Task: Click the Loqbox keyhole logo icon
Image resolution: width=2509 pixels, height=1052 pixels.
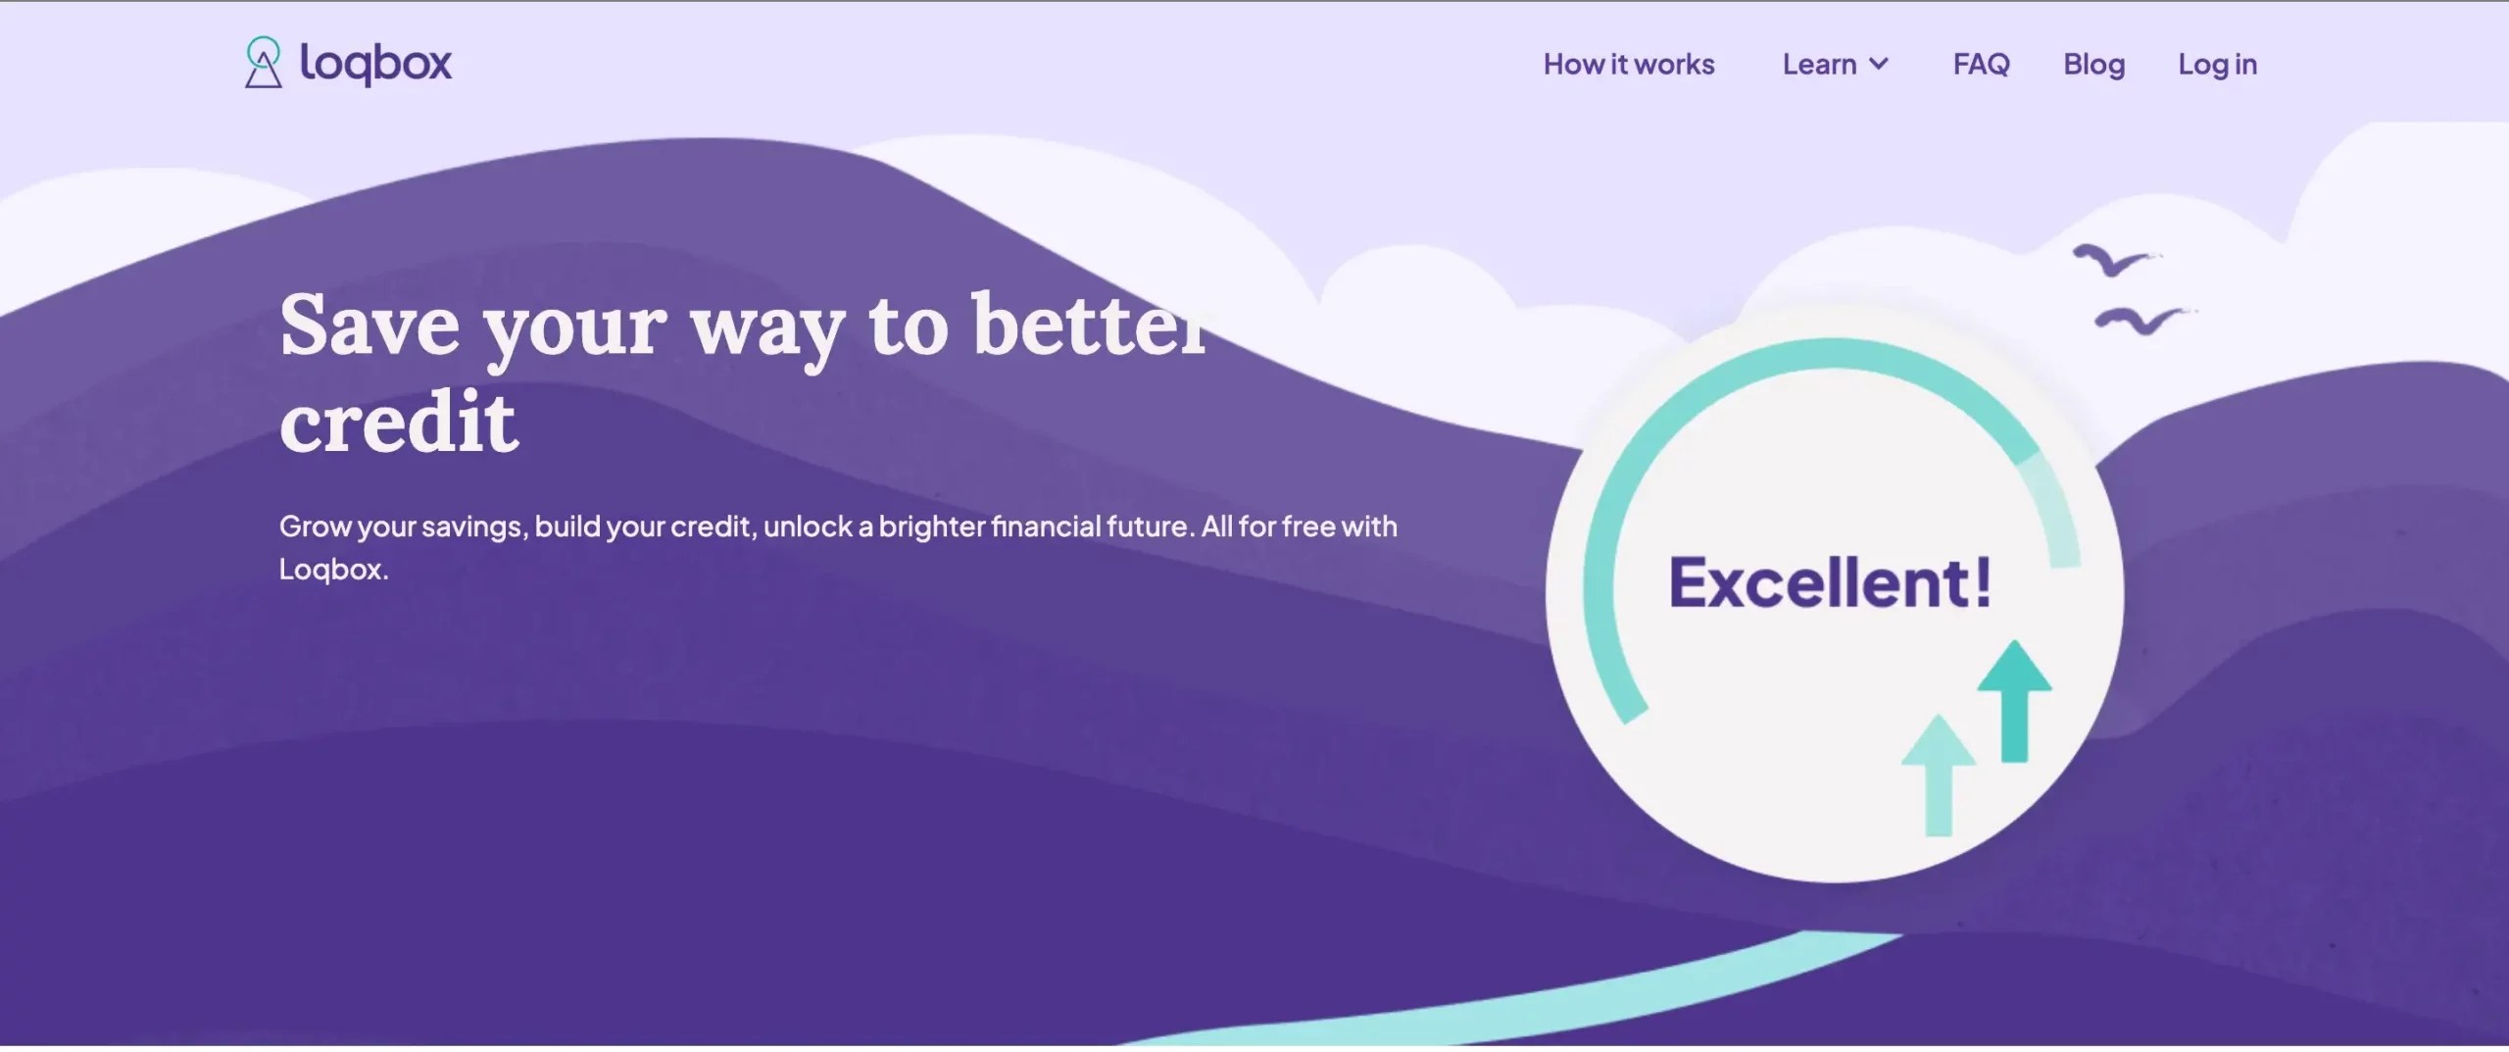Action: pos(263,63)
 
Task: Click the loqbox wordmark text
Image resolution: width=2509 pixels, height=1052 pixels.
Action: pos(375,65)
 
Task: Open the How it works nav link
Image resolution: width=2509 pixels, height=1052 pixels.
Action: pos(1629,65)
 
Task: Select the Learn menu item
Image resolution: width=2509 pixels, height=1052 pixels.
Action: pos(1819,65)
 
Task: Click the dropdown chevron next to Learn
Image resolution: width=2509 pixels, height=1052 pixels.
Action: pos(1879,65)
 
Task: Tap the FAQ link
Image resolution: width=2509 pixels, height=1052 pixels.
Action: pos(1981,65)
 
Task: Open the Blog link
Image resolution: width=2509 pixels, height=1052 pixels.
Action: pos(2093,65)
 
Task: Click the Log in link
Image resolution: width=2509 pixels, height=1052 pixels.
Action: pos(2217,65)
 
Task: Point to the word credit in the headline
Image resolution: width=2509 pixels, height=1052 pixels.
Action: pos(398,422)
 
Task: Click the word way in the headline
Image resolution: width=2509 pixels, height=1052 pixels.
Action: pos(767,328)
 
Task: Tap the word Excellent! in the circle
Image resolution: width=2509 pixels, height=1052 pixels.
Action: pos(1830,582)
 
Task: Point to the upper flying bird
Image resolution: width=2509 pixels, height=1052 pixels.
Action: pos(2113,261)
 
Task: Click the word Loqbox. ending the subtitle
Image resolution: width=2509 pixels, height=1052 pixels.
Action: pos(333,570)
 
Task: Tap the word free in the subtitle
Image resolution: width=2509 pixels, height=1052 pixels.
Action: pos(1307,526)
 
